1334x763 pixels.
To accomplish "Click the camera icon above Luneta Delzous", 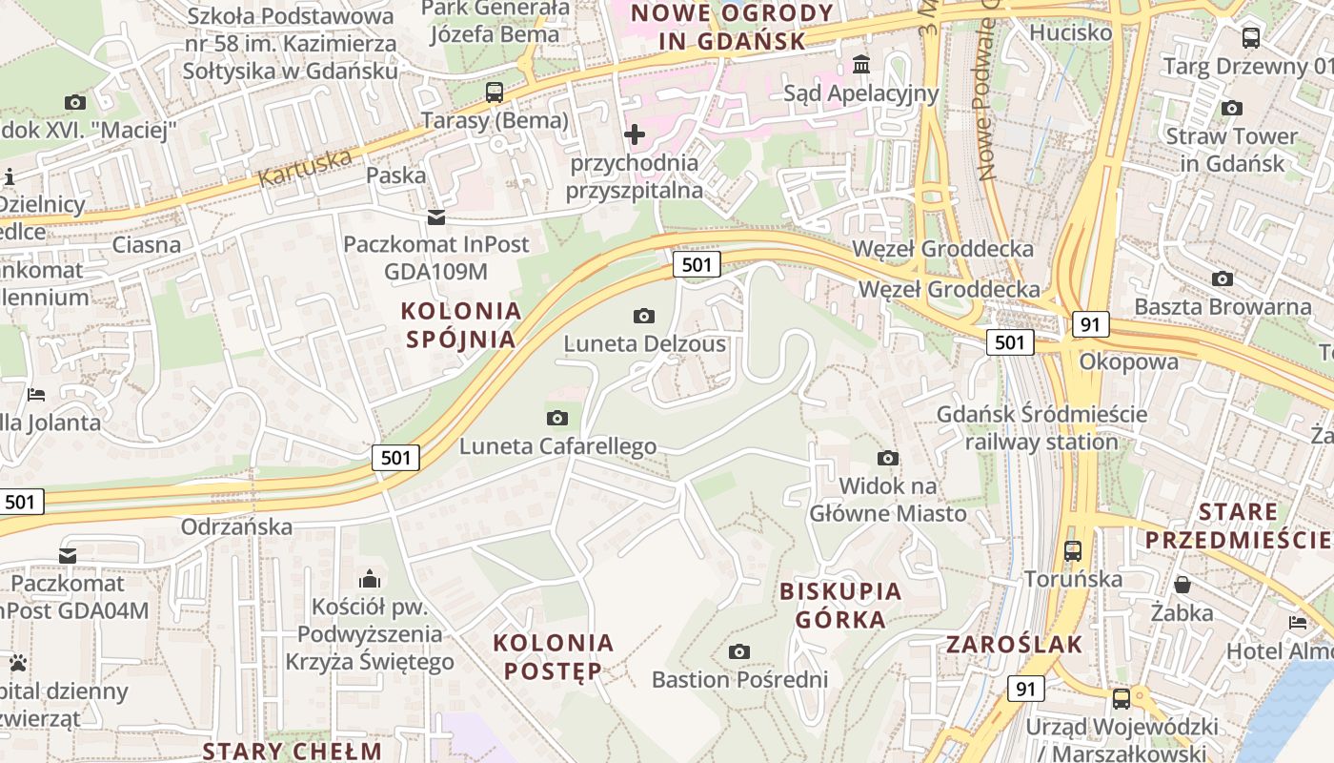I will coord(644,316).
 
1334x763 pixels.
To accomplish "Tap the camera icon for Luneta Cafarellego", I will coord(557,418).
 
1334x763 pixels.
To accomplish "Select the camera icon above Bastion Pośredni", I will coord(738,652).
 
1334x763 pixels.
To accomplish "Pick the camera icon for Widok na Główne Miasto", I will coord(888,459).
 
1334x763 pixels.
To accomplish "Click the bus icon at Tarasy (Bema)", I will coord(494,93).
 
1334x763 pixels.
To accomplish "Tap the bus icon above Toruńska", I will coord(1073,551).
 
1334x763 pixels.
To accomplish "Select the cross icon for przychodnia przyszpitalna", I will coord(635,134).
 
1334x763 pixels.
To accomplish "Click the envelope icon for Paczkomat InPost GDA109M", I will coord(435,217).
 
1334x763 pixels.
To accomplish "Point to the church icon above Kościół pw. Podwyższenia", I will coord(370,579).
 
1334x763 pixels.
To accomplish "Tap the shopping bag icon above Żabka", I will coord(1182,584).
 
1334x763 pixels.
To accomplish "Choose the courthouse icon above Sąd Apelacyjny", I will coord(861,65).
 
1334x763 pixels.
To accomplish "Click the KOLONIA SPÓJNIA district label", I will coord(462,325).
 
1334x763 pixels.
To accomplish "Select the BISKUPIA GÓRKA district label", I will coord(840,605).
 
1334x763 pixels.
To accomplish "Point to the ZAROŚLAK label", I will coord(1015,645).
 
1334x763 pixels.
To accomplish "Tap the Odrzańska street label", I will coord(236,526).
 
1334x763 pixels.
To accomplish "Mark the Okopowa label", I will coord(1128,361).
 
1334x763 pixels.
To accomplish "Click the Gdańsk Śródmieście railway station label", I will coord(1041,428).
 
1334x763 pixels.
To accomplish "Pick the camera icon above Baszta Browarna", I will coord(1223,279).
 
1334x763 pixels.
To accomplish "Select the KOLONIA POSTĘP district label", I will coord(554,656).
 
